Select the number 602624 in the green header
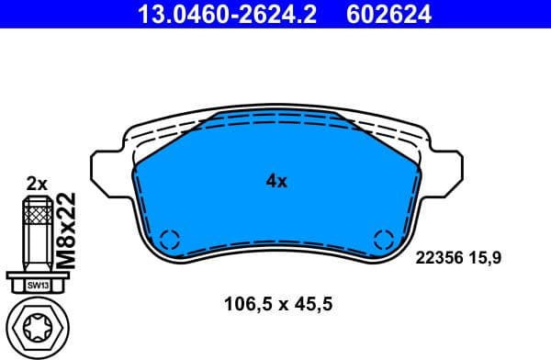point(388,14)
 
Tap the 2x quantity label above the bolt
point(37,184)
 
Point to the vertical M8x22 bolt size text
point(65,231)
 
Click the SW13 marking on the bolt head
point(36,287)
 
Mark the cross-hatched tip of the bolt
point(36,217)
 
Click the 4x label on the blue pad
point(276,181)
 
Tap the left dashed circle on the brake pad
point(169,241)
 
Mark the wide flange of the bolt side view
point(36,275)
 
